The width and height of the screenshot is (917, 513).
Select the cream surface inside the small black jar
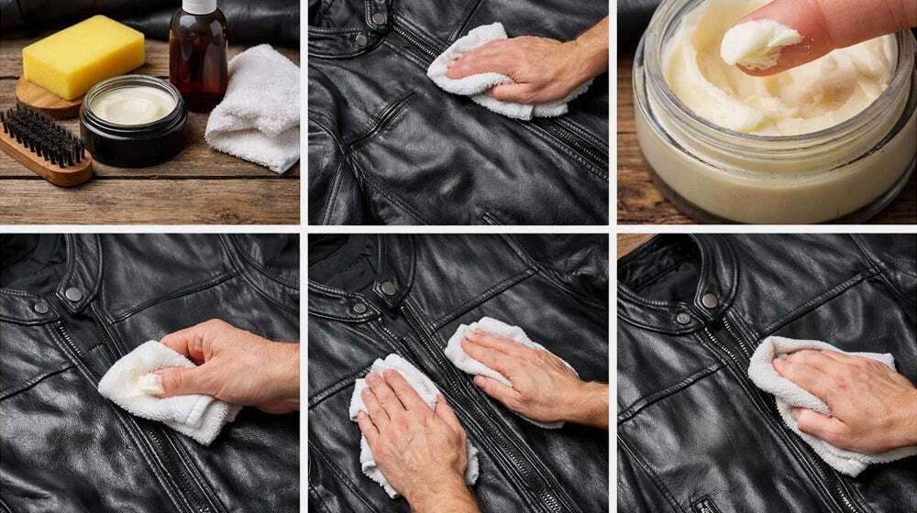point(132,104)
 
